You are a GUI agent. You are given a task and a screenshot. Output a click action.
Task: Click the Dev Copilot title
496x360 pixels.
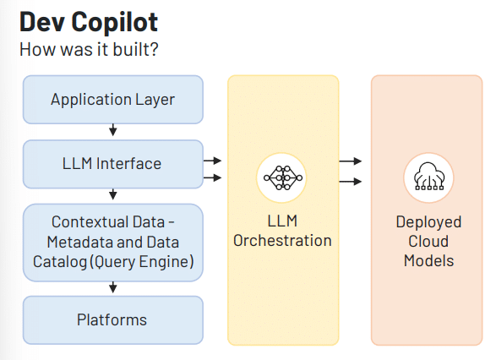[89, 22]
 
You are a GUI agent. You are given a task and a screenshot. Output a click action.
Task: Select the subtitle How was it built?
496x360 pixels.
[89, 50]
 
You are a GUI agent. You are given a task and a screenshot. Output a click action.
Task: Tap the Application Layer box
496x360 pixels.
[113, 100]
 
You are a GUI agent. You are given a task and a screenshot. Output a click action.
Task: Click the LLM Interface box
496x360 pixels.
[113, 164]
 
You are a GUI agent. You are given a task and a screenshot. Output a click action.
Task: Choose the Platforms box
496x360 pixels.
[113, 320]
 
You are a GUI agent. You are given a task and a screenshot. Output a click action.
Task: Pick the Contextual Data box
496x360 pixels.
[113, 243]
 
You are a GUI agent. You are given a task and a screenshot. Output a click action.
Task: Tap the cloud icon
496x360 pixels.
[428, 177]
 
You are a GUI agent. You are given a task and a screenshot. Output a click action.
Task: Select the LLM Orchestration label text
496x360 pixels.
[282, 231]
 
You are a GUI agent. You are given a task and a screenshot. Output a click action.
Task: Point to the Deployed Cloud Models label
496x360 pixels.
[428, 242]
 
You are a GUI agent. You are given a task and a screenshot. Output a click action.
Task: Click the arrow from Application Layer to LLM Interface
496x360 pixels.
[113, 129]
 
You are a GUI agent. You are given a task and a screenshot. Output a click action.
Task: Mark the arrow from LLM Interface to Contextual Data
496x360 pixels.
[113, 194]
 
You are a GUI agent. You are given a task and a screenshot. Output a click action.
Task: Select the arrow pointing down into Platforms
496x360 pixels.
[113, 287]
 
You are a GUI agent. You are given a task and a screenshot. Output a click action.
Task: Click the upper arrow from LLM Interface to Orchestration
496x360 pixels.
[212, 161]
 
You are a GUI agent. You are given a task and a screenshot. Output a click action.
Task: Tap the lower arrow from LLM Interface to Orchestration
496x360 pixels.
[212, 177]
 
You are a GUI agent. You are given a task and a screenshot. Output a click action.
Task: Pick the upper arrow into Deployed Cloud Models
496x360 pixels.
[350, 161]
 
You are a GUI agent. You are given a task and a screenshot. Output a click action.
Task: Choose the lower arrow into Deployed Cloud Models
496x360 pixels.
[350, 181]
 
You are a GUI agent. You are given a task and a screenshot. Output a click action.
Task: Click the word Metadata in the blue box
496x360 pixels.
[80, 243]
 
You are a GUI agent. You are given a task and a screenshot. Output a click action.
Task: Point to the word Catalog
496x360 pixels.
[60, 262]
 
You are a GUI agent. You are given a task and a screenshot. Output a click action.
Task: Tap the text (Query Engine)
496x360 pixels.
[142, 262]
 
